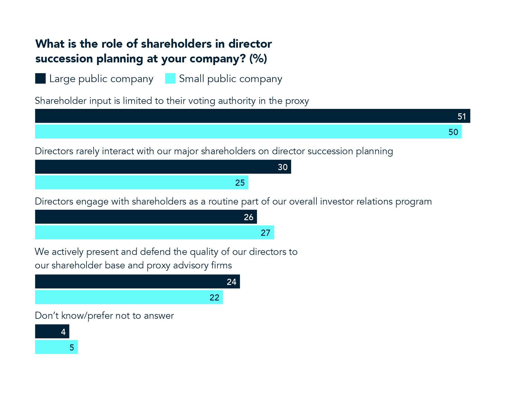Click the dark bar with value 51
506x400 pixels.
(x=252, y=116)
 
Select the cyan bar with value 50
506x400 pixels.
(x=248, y=132)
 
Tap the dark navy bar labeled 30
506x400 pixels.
(x=163, y=167)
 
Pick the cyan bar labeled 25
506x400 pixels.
(x=142, y=182)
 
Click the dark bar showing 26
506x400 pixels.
(x=146, y=217)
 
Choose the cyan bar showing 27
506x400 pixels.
(x=154, y=233)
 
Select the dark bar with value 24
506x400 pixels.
(x=137, y=282)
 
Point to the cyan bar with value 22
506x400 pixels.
(x=129, y=297)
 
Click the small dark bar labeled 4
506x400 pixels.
(x=52, y=332)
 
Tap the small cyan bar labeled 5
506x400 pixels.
(x=56, y=347)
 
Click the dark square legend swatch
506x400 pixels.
(x=40, y=79)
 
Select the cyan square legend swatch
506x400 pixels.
(x=170, y=79)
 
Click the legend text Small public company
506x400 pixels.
(x=230, y=79)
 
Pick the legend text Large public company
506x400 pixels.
(x=101, y=79)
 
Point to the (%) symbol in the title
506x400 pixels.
(x=258, y=59)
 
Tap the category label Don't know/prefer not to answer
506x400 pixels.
(x=104, y=316)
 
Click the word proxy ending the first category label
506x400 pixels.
(x=297, y=101)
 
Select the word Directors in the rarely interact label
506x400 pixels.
(x=54, y=151)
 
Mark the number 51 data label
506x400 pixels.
(x=462, y=117)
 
